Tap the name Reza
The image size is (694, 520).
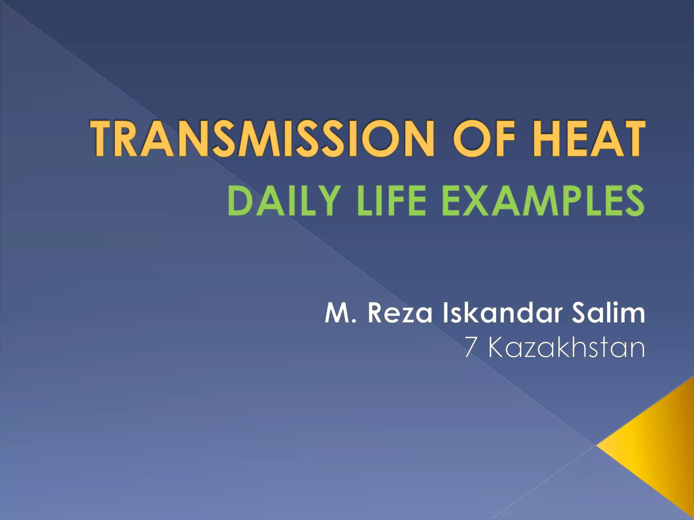pos(400,313)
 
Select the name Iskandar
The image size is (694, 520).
pos(503,313)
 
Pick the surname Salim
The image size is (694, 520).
pos(608,313)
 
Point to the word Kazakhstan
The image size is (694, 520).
pos(566,347)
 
